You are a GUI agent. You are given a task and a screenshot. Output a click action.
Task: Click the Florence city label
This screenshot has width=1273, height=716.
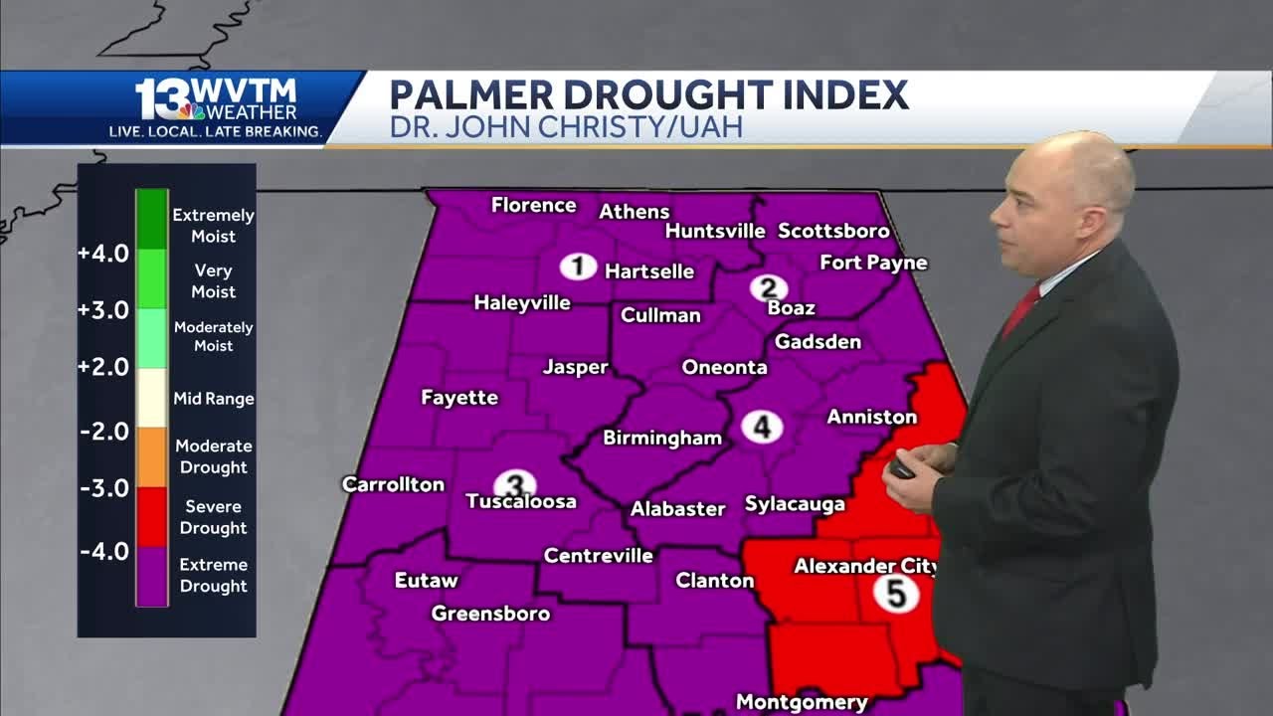(534, 206)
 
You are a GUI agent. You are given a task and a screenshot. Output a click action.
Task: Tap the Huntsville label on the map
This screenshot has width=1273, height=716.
(715, 231)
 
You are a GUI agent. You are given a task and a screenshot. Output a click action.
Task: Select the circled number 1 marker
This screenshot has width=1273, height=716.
(578, 267)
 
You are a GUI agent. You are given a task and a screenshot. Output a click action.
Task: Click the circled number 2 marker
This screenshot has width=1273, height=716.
(768, 288)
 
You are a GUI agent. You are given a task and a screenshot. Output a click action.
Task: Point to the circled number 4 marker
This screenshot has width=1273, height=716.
(762, 428)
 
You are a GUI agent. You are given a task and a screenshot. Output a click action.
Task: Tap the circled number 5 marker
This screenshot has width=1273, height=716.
(896, 594)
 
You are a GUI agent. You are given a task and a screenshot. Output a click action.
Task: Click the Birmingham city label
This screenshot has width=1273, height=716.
(662, 438)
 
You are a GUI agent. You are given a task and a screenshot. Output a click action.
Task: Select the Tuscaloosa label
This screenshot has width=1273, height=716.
(522, 501)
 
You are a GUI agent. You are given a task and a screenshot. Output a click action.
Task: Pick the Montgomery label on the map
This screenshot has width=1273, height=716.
(802, 702)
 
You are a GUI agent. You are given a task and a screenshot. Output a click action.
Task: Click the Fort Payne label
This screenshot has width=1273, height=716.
(873, 263)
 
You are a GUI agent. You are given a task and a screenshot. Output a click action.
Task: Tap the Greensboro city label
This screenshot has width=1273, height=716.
(490, 614)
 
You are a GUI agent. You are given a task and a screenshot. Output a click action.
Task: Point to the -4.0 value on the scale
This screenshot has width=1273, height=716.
(104, 551)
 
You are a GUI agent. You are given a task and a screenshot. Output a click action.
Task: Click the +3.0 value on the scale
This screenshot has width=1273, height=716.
(104, 310)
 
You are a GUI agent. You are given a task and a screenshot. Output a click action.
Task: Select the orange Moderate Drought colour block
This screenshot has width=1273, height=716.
(152, 456)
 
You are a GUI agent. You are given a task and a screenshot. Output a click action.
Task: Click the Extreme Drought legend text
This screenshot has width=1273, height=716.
(213, 576)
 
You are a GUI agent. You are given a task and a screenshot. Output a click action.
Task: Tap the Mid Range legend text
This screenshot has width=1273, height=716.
(214, 399)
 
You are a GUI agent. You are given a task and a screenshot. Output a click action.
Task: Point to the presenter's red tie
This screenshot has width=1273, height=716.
(1021, 311)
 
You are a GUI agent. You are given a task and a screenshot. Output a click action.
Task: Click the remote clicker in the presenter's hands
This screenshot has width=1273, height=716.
(902, 467)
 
